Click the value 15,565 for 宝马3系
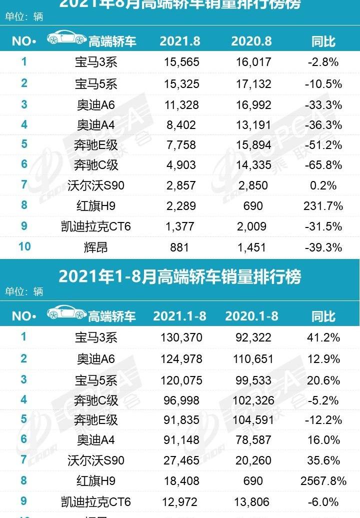point(181,62)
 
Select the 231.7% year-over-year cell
point(323,205)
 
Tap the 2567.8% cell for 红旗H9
point(323,481)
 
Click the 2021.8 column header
point(180,41)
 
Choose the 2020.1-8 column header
point(251,316)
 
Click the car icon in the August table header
point(66,38)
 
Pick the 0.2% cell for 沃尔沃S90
point(323,185)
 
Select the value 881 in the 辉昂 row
point(181,247)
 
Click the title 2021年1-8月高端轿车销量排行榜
point(180,276)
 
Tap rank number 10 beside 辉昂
point(24,246)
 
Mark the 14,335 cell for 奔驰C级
point(253,165)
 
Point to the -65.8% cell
point(323,165)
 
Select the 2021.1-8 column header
point(179,316)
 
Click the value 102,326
point(253,400)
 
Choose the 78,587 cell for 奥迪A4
point(253,440)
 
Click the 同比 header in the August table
point(323,41)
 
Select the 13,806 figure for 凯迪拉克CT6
point(253,501)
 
